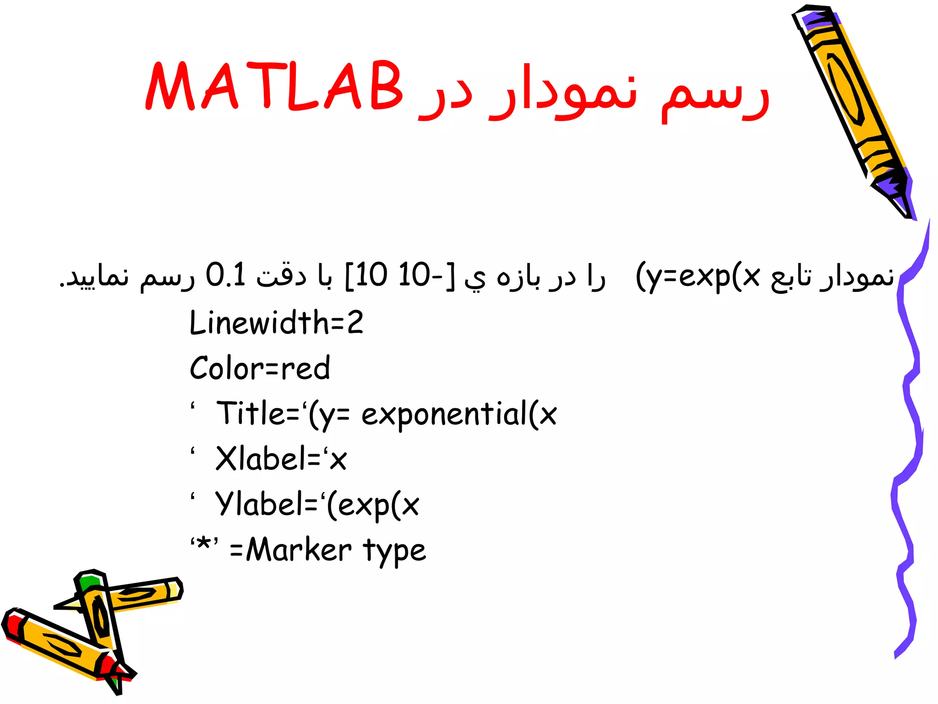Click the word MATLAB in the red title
pos(274,86)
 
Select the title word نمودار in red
pos(563,92)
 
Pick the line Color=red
pos(260,368)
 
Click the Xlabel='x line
pos(281,459)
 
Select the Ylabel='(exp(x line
pos(317,504)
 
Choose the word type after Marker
pos(395,551)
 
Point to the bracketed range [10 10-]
pos(400,275)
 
